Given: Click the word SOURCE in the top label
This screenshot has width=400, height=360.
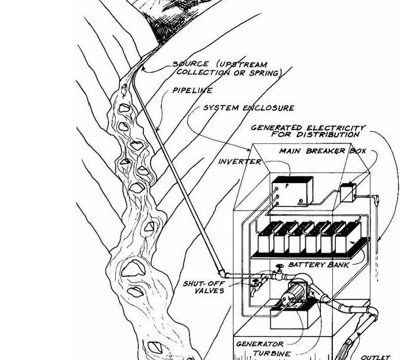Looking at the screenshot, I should [188, 64].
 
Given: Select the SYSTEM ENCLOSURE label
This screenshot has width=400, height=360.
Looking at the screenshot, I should [249, 109].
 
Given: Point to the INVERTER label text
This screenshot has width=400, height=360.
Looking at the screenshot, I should [239, 162].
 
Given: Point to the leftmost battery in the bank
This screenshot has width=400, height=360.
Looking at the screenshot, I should [264, 239].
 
